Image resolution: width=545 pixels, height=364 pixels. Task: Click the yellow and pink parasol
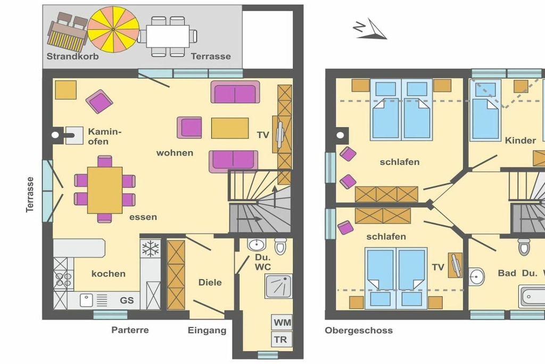[113, 30]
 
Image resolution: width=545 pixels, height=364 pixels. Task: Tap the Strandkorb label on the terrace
[72, 56]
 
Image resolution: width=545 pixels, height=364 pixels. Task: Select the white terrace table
[168, 36]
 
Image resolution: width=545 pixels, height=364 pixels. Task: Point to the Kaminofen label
[105, 136]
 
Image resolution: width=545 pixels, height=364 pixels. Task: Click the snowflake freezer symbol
[151, 249]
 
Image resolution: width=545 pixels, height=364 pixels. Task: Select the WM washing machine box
[282, 322]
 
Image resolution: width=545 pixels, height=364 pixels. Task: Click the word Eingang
[207, 330]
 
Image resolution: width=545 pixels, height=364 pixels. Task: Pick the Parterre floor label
[130, 330]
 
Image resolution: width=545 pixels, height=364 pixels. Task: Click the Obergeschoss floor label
[359, 330]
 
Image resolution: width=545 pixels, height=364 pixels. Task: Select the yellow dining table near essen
[105, 190]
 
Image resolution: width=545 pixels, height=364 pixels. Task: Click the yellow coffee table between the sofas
[230, 128]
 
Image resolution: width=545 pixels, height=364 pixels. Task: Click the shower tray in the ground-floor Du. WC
[278, 286]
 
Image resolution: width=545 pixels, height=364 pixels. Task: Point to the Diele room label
[210, 282]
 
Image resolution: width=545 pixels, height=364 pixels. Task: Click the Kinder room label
[521, 141]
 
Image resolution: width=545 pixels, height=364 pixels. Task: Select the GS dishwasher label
[127, 301]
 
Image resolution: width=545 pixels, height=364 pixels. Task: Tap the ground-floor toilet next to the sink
[280, 246]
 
